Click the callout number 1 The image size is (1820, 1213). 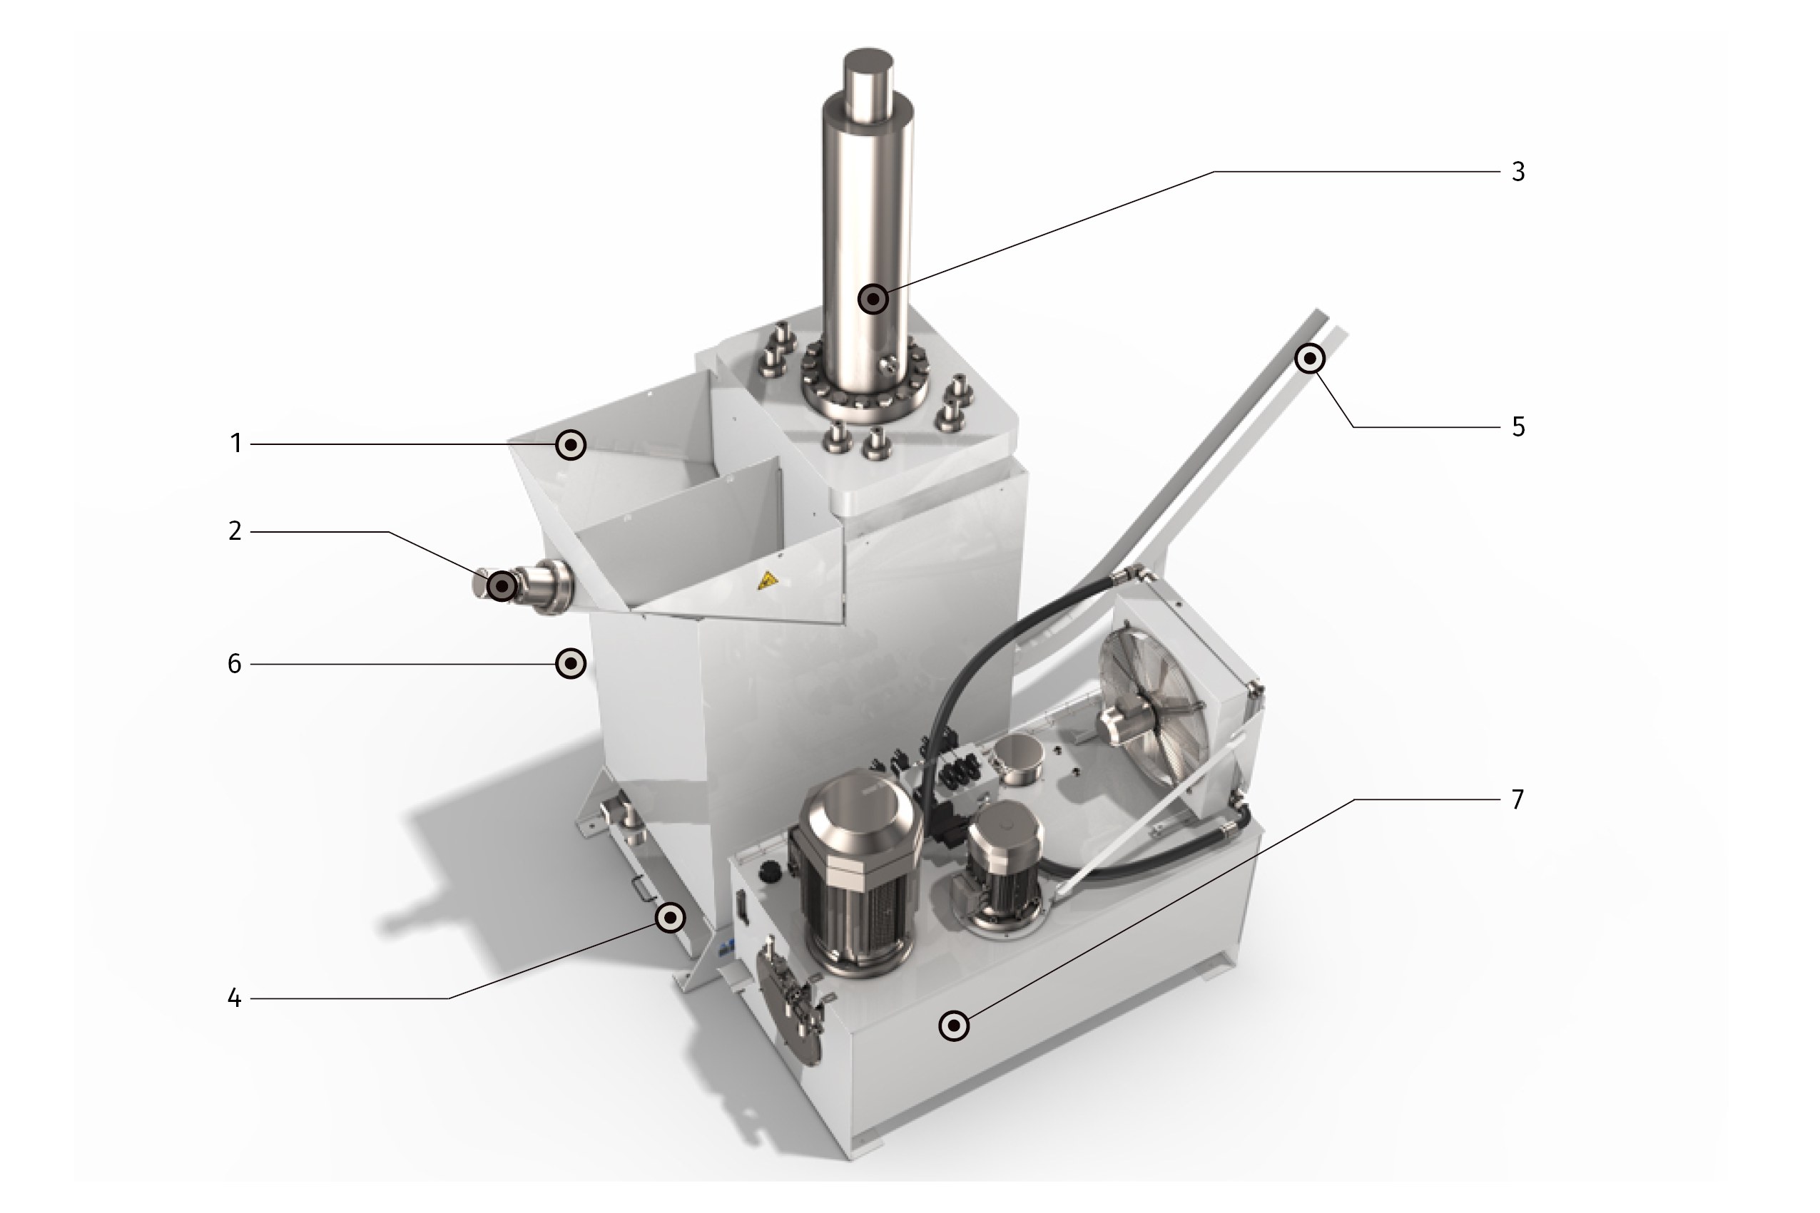236,444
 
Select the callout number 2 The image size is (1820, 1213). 235,531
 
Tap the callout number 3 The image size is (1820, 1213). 1518,172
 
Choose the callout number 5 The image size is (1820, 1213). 1518,427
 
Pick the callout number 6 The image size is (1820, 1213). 235,664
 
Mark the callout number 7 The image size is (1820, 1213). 1518,800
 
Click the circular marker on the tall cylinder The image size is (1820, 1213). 874,299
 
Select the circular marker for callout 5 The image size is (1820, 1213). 1310,358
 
